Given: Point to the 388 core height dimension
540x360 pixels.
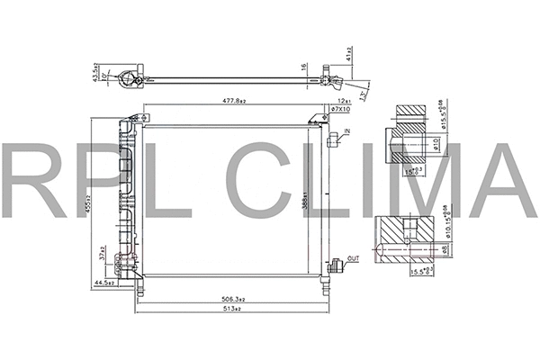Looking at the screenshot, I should pyautogui.click(x=307, y=203).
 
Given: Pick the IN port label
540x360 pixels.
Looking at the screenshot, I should pyautogui.click(x=346, y=131).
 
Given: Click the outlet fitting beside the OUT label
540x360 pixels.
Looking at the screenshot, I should pyautogui.click(x=337, y=265).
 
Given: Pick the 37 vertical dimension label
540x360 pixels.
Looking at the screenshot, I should pyautogui.click(x=105, y=256).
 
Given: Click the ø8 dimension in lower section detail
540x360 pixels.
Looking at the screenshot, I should pyautogui.click(x=447, y=248).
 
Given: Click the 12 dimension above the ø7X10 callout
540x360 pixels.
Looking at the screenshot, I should pyautogui.click(x=342, y=100).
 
